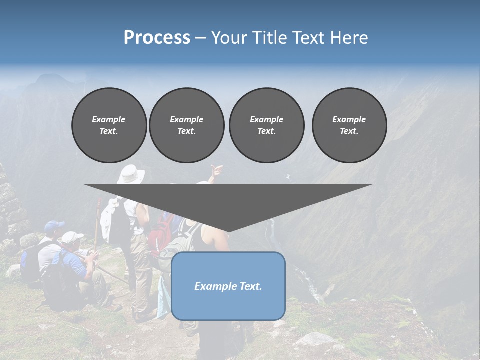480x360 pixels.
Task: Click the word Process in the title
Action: coord(157,37)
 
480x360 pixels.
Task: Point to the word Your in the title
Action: coord(229,37)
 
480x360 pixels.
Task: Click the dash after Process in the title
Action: coord(201,38)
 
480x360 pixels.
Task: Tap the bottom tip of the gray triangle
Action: coord(228,232)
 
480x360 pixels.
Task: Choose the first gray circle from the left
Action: coord(109,125)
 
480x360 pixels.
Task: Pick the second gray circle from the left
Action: coord(186,125)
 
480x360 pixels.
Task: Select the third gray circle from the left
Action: coord(266,125)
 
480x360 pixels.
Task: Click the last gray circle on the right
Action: coord(349,125)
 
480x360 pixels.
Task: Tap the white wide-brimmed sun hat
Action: coord(130,174)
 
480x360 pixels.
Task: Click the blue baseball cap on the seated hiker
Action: coord(53,227)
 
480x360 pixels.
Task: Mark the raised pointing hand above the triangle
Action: coord(216,171)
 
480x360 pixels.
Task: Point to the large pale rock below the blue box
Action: coord(313,340)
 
